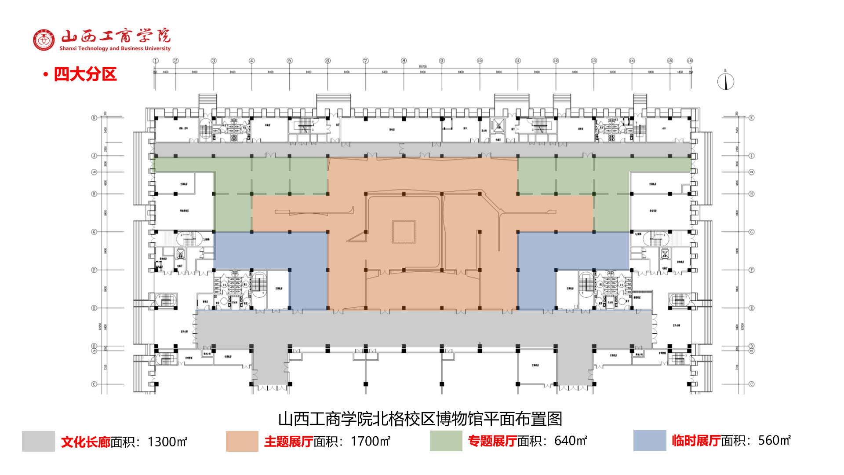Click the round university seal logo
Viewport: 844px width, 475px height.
point(44,40)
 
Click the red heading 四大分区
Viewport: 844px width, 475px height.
point(85,74)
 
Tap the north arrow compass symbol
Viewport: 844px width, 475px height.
point(725,81)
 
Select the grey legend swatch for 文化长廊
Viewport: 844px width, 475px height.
point(38,441)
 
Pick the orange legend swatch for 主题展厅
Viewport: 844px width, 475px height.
point(242,441)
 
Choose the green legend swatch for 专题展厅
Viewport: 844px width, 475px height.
point(446,441)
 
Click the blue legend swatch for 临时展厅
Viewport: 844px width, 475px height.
point(649,440)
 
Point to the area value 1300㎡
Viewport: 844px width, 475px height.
point(167,442)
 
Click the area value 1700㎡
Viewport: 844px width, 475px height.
point(371,441)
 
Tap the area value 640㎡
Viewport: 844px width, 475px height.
point(571,441)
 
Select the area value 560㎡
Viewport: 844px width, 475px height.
point(775,440)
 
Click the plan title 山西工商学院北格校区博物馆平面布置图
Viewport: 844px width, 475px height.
point(420,419)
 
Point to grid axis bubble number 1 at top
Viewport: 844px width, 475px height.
point(156,61)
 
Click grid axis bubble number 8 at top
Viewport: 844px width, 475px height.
point(404,61)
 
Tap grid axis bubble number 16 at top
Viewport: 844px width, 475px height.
point(690,61)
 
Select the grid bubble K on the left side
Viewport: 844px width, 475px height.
point(94,118)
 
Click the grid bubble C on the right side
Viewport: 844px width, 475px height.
point(752,384)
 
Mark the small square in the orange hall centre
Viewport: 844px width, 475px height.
point(404,232)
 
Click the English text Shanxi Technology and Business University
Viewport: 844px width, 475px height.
point(115,48)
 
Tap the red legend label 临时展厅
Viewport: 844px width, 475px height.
point(696,440)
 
